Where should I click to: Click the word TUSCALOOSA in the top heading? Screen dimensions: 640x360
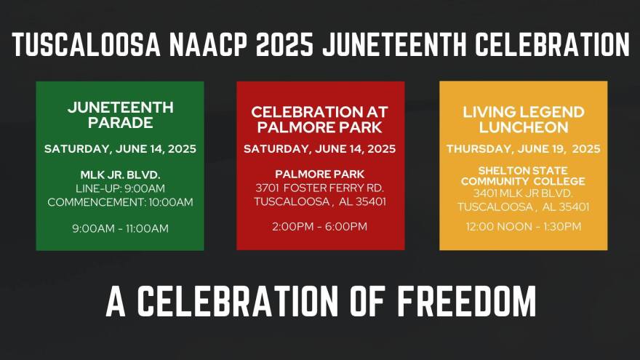(86, 44)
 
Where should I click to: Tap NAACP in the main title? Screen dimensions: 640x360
(208, 44)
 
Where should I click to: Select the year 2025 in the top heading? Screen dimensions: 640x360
(284, 44)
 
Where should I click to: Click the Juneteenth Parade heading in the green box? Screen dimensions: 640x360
(121, 115)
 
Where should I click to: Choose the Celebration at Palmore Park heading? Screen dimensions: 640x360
(319, 119)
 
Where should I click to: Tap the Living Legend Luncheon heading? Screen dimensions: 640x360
(524, 119)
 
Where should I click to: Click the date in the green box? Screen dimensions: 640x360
(121, 149)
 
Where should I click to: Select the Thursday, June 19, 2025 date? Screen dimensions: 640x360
(524, 149)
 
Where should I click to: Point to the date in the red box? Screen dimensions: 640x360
(319, 149)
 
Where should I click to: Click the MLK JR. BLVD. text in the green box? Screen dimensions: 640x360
(121, 175)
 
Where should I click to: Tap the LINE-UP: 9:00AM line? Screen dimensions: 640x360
(121, 188)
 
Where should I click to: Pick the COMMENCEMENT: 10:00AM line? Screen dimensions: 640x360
(121, 202)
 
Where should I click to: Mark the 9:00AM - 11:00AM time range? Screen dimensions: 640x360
(121, 228)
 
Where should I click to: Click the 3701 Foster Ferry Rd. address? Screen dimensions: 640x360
(319, 188)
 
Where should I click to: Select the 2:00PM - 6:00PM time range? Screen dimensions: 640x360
(319, 226)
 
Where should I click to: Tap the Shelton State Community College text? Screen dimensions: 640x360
(523, 175)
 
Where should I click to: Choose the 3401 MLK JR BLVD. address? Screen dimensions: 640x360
(523, 193)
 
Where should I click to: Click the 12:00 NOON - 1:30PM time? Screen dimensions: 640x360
(524, 226)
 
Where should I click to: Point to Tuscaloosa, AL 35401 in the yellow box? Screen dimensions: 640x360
(523, 207)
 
